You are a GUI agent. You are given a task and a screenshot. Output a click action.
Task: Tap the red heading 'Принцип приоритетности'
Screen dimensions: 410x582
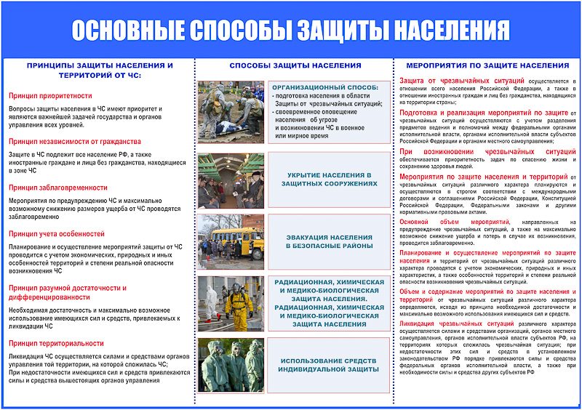pos(50,95)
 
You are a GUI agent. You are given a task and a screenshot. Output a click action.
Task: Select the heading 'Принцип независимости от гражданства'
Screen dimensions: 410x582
pos(75,141)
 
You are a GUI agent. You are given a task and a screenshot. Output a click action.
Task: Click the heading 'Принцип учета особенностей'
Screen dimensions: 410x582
pos(57,233)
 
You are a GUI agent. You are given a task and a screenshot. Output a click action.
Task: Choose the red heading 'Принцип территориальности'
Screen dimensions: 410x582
pos(56,343)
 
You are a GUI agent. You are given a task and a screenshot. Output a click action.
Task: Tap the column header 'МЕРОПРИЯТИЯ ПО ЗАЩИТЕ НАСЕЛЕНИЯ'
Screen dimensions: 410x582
pos(487,65)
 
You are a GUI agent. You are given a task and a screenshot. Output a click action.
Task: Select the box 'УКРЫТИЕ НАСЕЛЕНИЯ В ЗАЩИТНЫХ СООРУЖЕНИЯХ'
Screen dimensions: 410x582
pos(331,180)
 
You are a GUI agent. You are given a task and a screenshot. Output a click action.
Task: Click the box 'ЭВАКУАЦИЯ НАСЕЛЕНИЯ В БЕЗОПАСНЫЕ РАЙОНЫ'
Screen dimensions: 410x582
pos(331,241)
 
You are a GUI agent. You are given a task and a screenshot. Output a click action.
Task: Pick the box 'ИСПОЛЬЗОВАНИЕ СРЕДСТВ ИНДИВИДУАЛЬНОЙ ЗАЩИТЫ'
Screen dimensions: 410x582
pos(331,365)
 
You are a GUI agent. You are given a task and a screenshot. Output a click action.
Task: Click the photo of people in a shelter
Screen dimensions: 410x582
pos(231,180)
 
